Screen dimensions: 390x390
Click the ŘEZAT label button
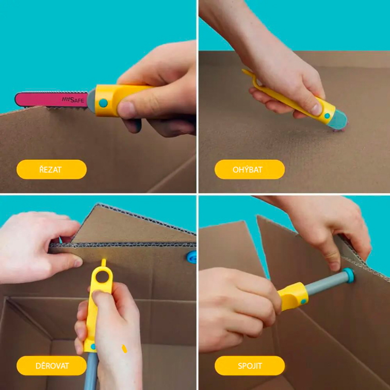[52, 169]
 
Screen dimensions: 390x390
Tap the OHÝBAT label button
[250, 169]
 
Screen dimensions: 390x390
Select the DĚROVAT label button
[52, 366]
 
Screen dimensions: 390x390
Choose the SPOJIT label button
[250, 366]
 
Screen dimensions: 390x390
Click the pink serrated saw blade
[52, 100]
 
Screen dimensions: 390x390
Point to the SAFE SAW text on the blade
[73, 100]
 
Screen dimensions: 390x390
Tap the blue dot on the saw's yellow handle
[103, 103]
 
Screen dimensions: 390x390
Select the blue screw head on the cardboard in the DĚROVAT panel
[192, 257]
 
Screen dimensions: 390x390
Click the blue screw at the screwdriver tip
[348, 275]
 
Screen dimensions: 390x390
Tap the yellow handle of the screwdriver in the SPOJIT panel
[293, 296]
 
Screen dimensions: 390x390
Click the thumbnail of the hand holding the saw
[126, 109]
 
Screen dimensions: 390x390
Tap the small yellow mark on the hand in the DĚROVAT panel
[124, 349]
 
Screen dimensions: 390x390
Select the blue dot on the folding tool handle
[327, 116]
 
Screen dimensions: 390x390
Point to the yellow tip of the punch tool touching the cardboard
[103, 263]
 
